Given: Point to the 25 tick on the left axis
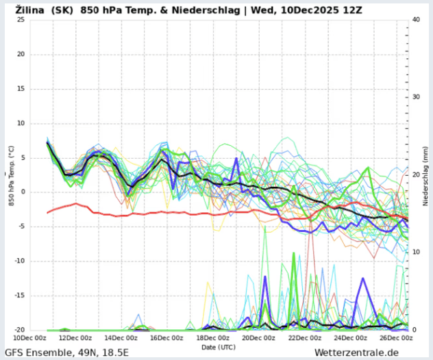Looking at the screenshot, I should coord(21,19).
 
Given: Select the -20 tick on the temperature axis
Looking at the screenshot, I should coord(19,330).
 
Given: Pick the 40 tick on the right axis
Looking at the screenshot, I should coord(416,19).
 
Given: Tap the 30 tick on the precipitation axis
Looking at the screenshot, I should coord(416,97).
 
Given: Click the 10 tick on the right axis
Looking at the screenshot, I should coord(416,252).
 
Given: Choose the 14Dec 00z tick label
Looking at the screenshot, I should coord(121,337).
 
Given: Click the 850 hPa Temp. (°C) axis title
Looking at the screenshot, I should coord(12,175).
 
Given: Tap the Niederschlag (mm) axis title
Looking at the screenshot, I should coord(425,175).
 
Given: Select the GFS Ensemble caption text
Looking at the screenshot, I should coord(41,352).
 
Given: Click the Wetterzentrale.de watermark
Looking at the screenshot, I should coord(356,352).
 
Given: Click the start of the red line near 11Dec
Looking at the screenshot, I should coord(47,213).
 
